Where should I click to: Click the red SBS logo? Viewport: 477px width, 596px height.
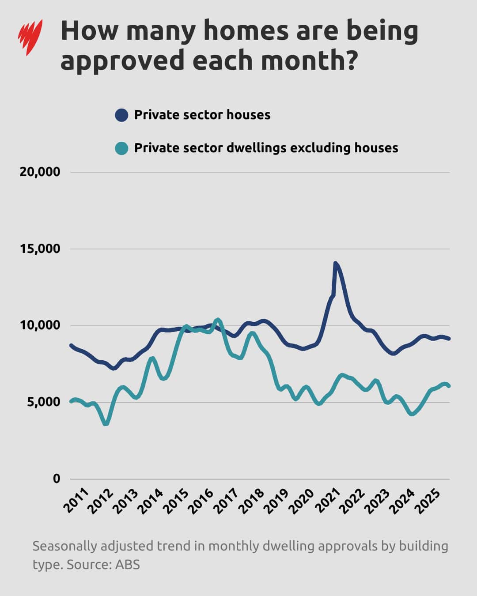(x=30, y=37)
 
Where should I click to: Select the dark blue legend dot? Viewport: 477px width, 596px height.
(x=121, y=115)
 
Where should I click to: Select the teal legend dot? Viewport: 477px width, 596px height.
(x=121, y=148)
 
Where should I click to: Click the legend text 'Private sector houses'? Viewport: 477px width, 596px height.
(x=202, y=115)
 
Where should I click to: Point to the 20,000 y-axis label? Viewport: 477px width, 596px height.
(x=40, y=172)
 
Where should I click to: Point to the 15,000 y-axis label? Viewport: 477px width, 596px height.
(x=40, y=249)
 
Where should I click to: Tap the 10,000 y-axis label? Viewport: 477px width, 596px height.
(x=40, y=325)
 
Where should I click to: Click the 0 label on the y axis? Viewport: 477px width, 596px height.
(x=56, y=479)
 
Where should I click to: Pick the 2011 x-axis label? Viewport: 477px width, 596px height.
(x=76, y=501)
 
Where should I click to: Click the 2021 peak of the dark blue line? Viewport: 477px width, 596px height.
(x=335, y=264)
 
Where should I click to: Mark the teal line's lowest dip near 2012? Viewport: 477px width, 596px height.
(x=106, y=423)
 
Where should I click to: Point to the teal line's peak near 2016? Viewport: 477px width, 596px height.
(x=217, y=320)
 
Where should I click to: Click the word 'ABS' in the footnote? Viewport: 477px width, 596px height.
(x=127, y=565)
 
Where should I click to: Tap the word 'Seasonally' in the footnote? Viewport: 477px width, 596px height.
(x=64, y=546)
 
